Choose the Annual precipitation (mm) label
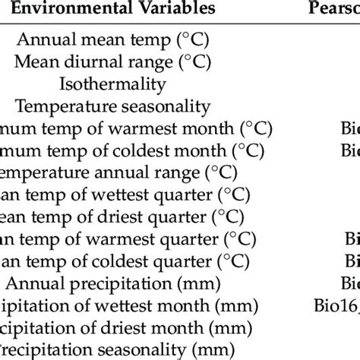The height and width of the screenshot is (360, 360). [118, 285]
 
